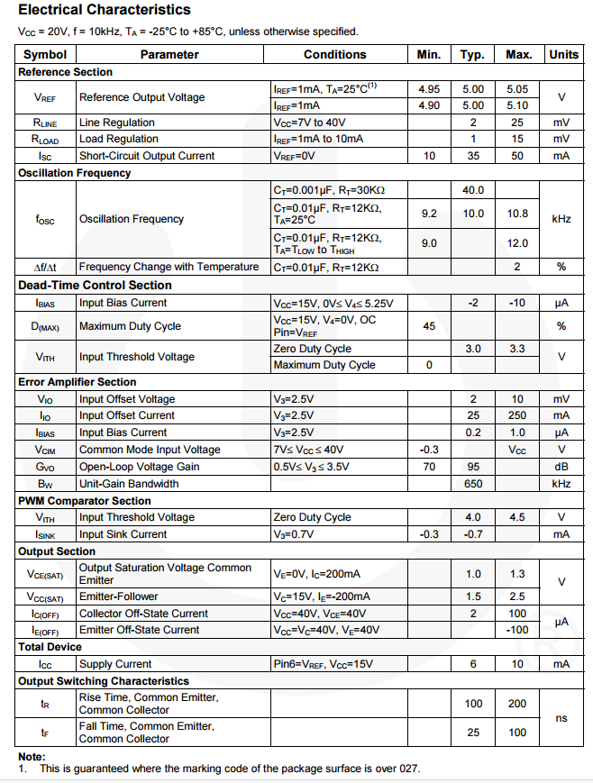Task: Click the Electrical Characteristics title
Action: click(x=105, y=10)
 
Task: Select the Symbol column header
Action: click(x=45, y=54)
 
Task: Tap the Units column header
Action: click(x=563, y=54)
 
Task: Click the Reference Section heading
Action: click(x=66, y=72)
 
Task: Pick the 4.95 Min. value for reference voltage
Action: click(x=429, y=89)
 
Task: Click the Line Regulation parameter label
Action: click(x=117, y=123)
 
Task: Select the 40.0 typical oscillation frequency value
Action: click(x=473, y=190)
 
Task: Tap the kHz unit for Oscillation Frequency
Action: click(x=561, y=219)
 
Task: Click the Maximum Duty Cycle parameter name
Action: click(x=130, y=326)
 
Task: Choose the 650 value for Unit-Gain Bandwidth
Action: click(x=473, y=484)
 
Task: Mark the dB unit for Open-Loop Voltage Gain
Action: click(x=561, y=467)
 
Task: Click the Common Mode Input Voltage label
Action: click(x=150, y=450)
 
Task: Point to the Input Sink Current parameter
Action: click(x=123, y=534)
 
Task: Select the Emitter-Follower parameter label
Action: click(x=118, y=596)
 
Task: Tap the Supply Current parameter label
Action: click(x=115, y=664)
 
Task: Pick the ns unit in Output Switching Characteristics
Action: click(x=561, y=718)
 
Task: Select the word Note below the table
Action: click(x=32, y=757)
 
